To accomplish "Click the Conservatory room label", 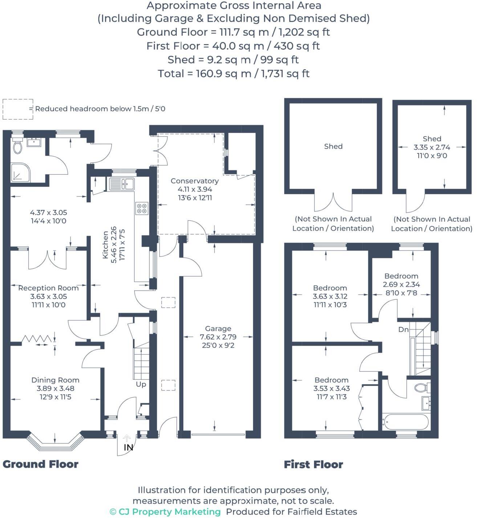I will pos(195,181).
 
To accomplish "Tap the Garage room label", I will pos(218,328).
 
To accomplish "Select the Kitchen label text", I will pos(105,245).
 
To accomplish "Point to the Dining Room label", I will pos(55,380).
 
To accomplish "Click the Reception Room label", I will pos(48,288).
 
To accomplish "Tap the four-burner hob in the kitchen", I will pos(142,208).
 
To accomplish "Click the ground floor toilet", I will pos(17,146).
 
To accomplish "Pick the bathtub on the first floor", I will pos(405,422).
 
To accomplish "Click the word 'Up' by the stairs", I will pos(141,384).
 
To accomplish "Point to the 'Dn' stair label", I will pos(403,329).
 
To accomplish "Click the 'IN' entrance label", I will pos(128,448).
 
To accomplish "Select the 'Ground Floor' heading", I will pos(40,464).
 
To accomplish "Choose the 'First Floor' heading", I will pos(313,464).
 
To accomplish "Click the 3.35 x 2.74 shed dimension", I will pos(432,147).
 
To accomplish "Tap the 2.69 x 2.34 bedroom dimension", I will pos(401,284).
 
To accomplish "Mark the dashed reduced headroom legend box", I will pos(17,109).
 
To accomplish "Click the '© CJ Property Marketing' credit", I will pos(165,512).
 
